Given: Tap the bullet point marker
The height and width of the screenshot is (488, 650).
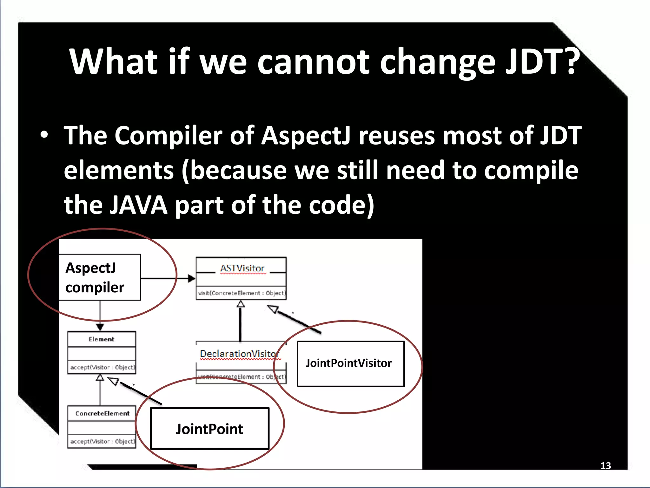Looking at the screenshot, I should click(x=44, y=135).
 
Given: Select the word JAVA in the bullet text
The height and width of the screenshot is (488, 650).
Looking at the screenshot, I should click(x=139, y=205).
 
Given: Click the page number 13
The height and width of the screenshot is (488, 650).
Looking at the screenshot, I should click(x=605, y=466).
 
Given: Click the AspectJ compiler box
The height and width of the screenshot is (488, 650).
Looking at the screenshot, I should click(x=100, y=277).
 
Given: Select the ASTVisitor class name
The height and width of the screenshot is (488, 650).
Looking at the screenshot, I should click(x=242, y=268).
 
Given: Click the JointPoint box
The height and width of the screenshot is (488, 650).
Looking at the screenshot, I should click(x=209, y=429).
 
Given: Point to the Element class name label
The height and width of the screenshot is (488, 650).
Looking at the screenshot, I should click(x=101, y=339).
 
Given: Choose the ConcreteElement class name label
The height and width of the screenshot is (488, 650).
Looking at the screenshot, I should click(x=102, y=413).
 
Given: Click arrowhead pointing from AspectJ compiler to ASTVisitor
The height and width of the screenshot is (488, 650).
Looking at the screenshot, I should click(x=191, y=279).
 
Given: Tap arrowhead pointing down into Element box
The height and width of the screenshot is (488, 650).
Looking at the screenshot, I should click(x=100, y=327).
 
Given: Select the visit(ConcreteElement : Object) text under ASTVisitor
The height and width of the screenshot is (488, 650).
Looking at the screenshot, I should click(x=241, y=293).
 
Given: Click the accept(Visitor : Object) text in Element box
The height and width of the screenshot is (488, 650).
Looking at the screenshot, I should click(x=102, y=367).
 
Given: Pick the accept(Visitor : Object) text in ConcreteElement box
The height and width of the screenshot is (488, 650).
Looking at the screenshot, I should click(x=102, y=442).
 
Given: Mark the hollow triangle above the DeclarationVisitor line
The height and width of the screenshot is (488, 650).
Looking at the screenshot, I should click(x=241, y=304).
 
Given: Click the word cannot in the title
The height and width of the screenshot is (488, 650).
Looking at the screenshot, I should click(x=313, y=61).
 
